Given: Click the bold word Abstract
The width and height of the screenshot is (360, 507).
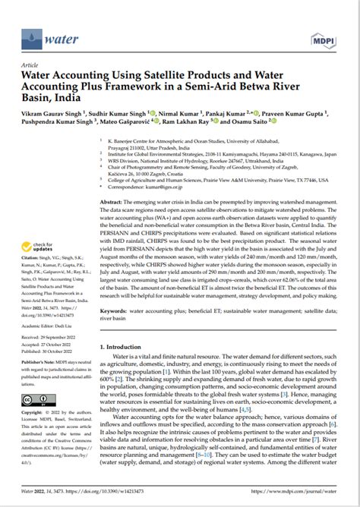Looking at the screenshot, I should pyautogui.click(x=112, y=203).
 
